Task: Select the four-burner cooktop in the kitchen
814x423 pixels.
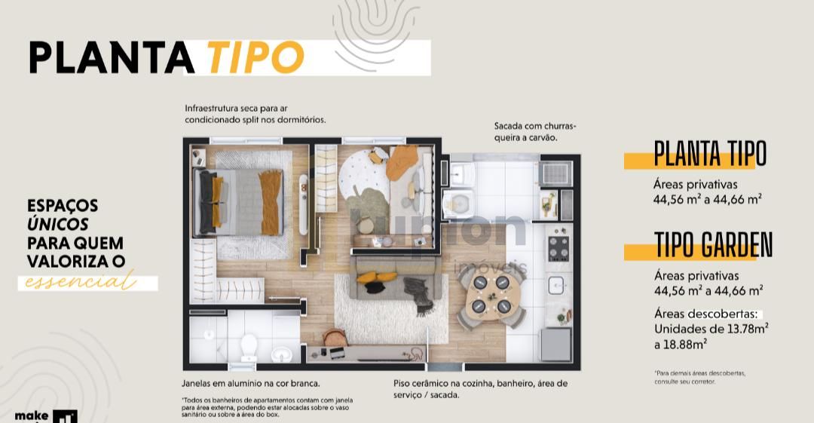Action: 558,247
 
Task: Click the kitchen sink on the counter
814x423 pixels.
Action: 555,285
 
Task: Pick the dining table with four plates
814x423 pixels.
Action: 491,295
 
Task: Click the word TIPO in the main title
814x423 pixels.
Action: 254,57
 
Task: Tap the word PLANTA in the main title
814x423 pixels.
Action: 112,57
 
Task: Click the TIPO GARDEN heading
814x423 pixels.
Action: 713,245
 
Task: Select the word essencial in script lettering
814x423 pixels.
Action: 81,283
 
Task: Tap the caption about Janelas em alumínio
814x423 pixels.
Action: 251,383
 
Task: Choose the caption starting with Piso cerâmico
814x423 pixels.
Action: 480,388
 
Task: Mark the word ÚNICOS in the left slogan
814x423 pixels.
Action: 58,224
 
